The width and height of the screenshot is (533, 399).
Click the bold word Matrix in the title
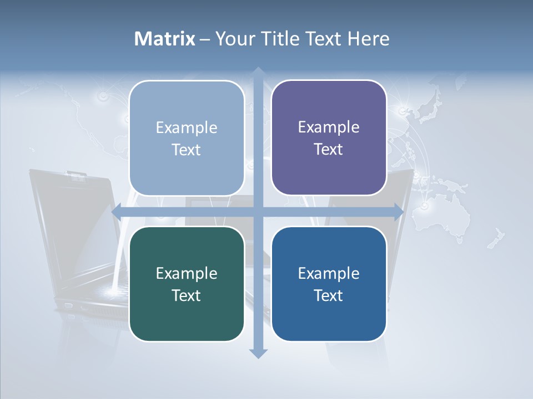[165, 39]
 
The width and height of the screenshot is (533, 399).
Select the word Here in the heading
[369, 39]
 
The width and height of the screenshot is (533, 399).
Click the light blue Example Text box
[187, 138]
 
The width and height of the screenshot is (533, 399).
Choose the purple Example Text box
[329, 137]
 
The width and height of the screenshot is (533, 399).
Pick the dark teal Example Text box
[187, 284]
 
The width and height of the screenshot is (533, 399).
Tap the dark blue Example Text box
[329, 284]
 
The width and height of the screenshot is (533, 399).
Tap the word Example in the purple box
[329, 127]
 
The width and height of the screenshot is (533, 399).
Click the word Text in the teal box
[186, 295]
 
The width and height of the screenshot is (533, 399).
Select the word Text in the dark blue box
[329, 295]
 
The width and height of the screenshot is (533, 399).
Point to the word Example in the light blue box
[187, 128]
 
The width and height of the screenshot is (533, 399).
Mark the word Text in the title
[323, 39]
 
